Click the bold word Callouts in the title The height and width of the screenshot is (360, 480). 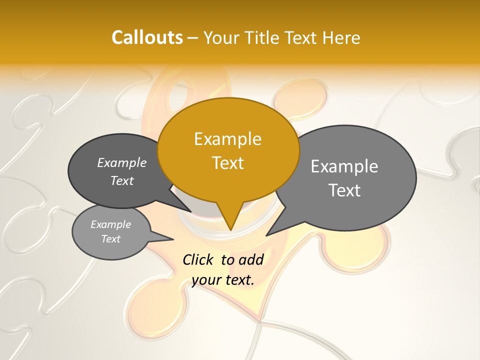pyautogui.click(x=147, y=37)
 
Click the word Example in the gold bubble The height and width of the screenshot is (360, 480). pyautogui.click(x=228, y=139)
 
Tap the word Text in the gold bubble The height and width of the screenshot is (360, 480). pyautogui.click(x=228, y=163)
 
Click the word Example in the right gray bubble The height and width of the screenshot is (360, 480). pyautogui.click(x=344, y=166)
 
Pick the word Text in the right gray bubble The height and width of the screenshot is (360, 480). pyautogui.click(x=344, y=190)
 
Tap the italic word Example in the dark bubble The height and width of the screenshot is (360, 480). pyautogui.click(x=122, y=163)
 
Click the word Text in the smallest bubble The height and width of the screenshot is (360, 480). pyautogui.click(x=111, y=239)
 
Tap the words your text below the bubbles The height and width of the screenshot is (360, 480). pyautogui.click(x=223, y=280)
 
